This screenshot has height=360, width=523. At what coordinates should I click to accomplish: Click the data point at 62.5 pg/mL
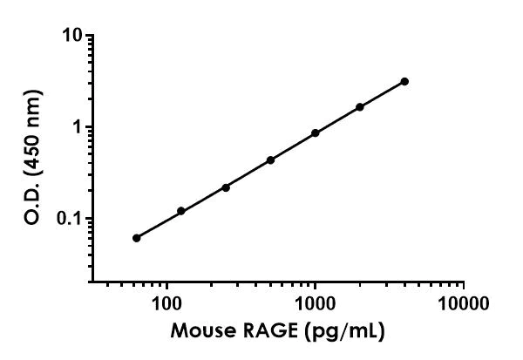136,238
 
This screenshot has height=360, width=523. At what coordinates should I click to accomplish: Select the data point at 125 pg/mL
180,211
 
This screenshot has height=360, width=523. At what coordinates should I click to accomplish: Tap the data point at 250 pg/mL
226,187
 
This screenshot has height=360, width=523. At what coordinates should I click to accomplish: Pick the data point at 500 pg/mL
270,160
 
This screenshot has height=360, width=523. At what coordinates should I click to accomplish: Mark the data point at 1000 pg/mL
315,133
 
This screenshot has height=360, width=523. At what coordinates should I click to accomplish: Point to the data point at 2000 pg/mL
360,107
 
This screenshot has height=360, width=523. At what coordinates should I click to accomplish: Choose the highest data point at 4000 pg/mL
404,81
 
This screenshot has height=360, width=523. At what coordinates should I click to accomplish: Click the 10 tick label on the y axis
75,36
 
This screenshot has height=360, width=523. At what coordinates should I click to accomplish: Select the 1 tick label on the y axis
79,127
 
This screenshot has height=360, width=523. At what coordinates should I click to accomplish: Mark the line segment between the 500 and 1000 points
293,146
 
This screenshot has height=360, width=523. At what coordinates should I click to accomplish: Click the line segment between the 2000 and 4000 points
383,94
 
